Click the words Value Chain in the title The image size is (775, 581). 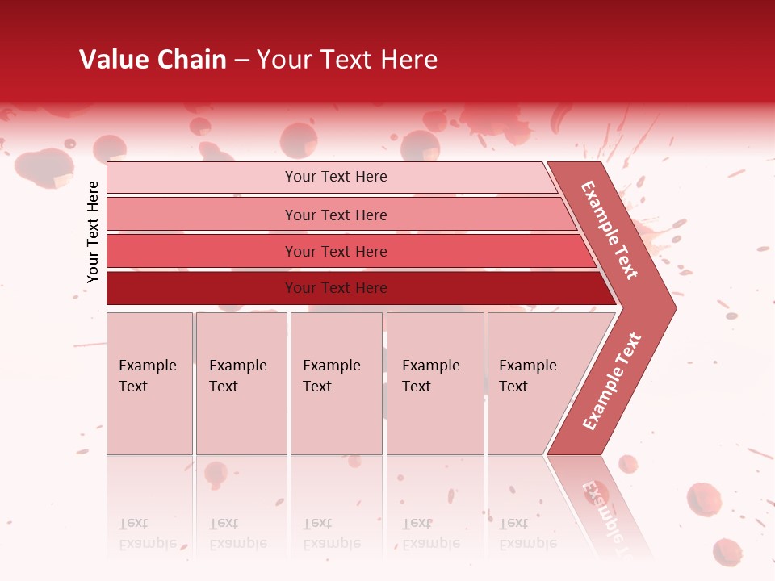[x=153, y=60]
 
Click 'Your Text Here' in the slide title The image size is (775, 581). [x=347, y=60]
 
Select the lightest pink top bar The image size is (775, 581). [x=202, y=178]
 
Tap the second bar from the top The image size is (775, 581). [x=202, y=215]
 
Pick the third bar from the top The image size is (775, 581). [x=202, y=251]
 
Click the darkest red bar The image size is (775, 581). [x=202, y=288]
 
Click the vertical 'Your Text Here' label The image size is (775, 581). [x=93, y=232]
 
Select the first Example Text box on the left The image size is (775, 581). [x=149, y=383]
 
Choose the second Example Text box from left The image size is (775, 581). [x=241, y=383]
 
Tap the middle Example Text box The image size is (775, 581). [x=336, y=383]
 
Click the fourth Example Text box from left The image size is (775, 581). [x=435, y=383]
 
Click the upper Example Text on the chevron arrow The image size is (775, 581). [x=610, y=230]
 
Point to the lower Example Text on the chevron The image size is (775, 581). [x=612, y=382]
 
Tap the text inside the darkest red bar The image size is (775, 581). [x=336, y=288]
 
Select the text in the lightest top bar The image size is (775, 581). [x=336, y=177]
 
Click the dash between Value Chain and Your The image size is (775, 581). [x=241, y=61]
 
